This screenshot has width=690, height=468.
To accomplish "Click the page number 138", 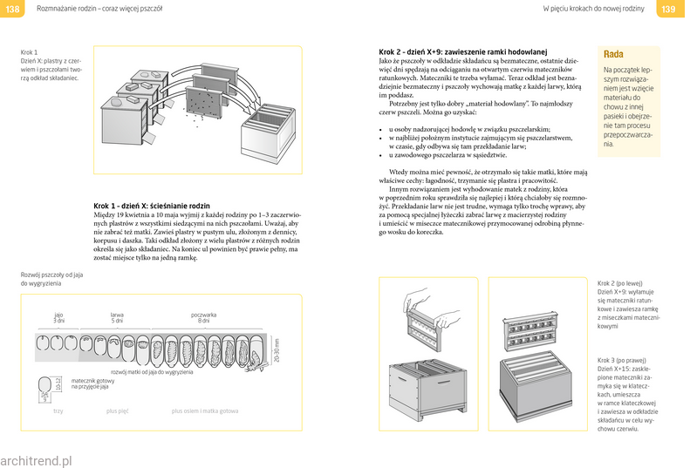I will [12, 10].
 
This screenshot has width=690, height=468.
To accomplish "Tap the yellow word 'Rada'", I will [614, 54].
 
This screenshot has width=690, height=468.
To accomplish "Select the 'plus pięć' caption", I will [119, 410].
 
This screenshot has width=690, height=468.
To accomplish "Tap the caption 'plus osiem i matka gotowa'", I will [205, 410].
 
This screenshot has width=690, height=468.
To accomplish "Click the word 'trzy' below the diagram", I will [58, 410].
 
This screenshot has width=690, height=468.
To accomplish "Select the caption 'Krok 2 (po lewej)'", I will [620, 284].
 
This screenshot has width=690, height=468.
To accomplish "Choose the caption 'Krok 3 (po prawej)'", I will [622, 360].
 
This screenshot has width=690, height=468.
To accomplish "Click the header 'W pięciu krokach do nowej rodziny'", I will [593, 10].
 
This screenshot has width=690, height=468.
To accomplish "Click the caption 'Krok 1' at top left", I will [30, 52].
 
